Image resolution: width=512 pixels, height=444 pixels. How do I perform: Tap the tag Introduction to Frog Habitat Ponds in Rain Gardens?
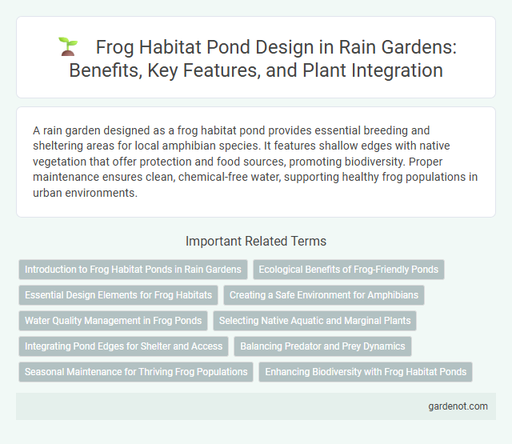tap(133, 270)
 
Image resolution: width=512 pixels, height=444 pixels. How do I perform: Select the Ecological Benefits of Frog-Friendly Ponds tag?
tap(348, 270)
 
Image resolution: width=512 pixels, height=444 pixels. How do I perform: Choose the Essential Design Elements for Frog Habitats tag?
tap(118, 295)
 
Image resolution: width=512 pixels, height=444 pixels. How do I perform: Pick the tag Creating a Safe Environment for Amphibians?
tap(324, 295)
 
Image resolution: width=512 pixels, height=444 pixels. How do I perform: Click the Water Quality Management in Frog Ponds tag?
tap(113, 321)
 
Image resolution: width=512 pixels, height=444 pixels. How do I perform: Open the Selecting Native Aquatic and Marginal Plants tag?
tap(315, 321)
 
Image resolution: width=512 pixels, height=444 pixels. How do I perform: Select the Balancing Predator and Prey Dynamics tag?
tap(323, 346)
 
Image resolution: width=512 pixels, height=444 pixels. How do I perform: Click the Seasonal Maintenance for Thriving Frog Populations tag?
tap(136, 372)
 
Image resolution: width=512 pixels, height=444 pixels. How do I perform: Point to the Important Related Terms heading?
tap(256, 240)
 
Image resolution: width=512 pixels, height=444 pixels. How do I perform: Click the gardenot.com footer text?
tap(458, 407)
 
